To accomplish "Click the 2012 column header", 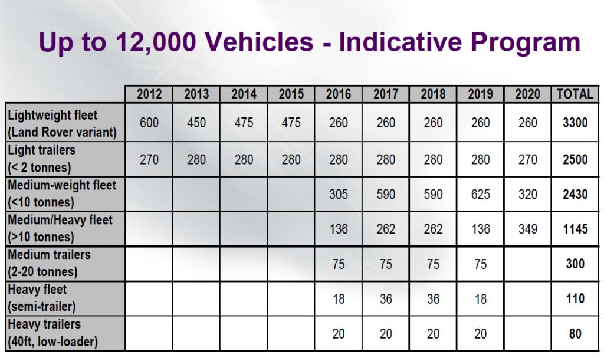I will coord(149,94).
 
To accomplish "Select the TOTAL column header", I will coord(575,94).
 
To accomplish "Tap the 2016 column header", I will coord(339,94).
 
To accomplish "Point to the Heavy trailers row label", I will coord(53,333).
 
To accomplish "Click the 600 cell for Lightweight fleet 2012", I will coord(149,123).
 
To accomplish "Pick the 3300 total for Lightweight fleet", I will coord(575,123).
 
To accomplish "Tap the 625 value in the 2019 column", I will coord(480,194).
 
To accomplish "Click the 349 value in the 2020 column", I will coord(527,229).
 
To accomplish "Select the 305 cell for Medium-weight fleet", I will coord(339,194).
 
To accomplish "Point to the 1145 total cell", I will coord(575,229).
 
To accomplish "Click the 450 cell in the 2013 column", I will coord(196,123).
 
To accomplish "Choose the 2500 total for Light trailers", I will coord(575,159).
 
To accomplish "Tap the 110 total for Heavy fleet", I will coord(575,299).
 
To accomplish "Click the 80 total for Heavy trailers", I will coord(575,334).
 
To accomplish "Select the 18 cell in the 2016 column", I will coord(339,299).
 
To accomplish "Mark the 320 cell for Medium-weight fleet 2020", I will coord(527,194).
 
